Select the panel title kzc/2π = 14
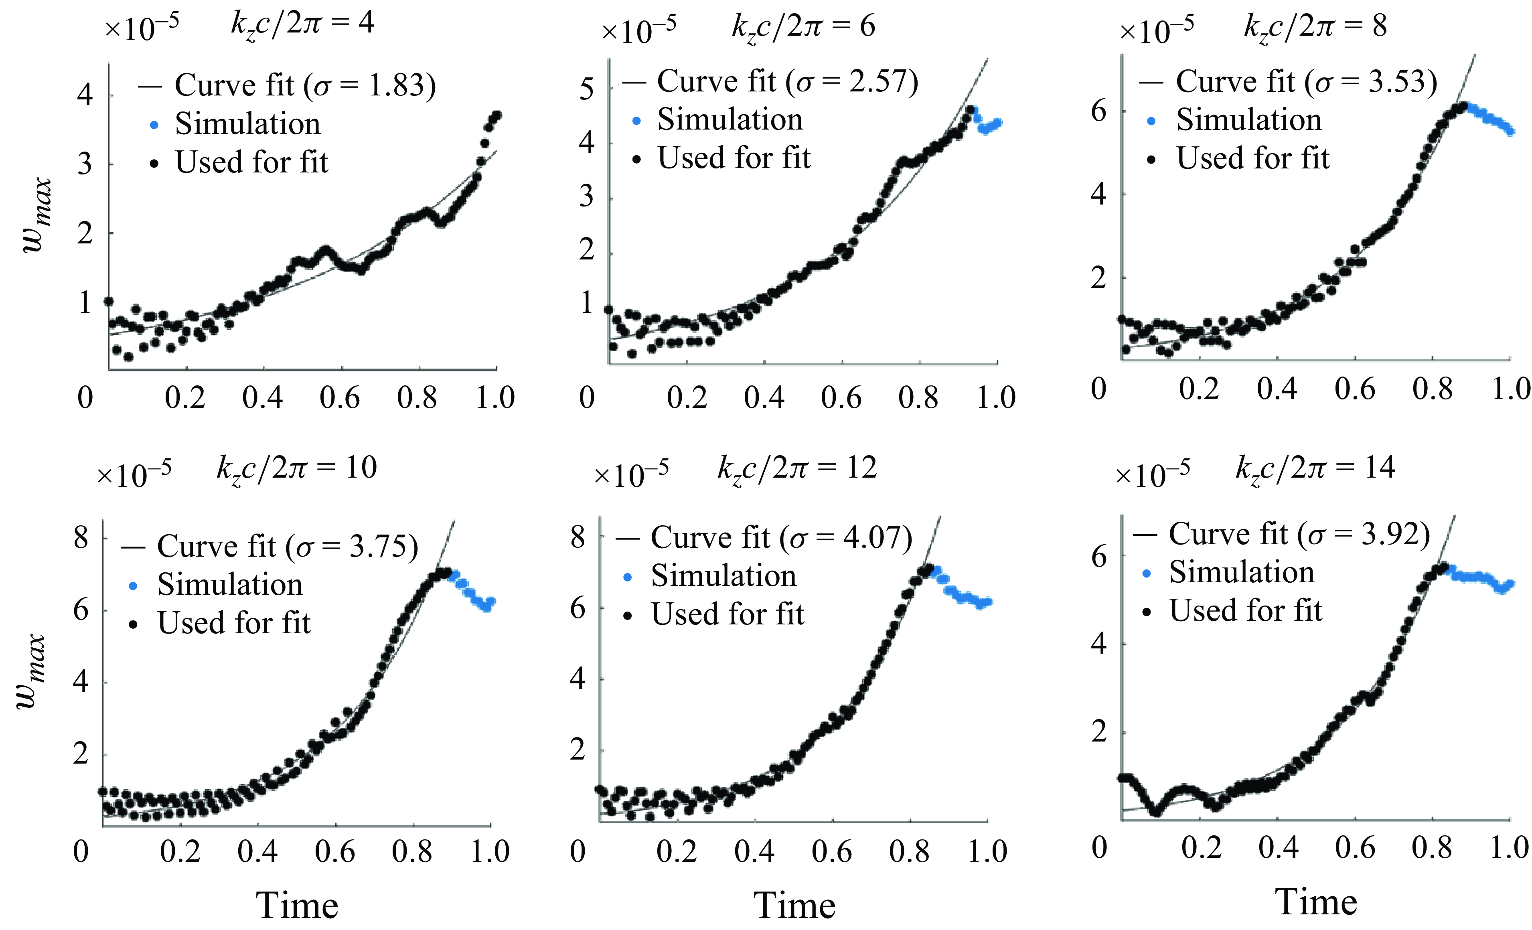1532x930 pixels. pyautogui.click(x=1315, y=468)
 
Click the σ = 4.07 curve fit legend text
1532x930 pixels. pyautogui.click(x=781, y=538)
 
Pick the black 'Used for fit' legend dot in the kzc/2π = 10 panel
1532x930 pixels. pyautogui.click(x=132, y=624)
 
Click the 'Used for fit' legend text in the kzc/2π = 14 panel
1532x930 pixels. pyautogui.click(x=1245, y=610)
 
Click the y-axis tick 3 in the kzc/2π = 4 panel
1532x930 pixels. pyautogui.click(x=85, y=165)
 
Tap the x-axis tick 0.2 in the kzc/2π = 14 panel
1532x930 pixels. pyautogui.click(x=1201, y=848)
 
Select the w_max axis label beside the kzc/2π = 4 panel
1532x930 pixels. pyautogui.click(x=37, y=215)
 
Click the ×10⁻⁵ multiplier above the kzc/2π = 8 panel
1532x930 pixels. pyautogui.click(x=1157, y=30)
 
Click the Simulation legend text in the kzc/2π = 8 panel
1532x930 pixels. pyautogui.click(x=1248, y=120)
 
